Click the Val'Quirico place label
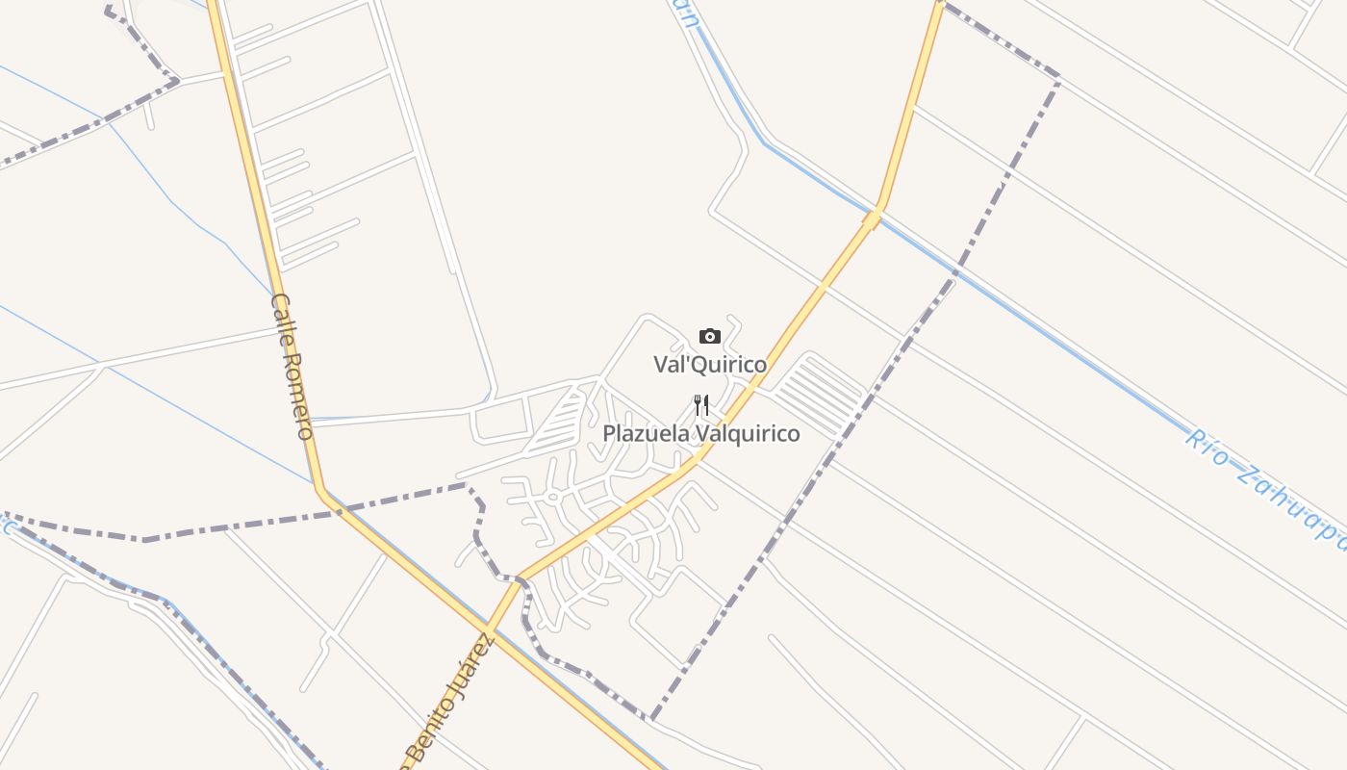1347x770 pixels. (710, 365)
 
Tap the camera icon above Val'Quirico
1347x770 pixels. (710, 336)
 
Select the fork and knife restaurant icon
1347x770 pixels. (701, 405)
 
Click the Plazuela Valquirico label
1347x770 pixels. (701, 434)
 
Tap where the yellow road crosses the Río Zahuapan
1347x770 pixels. (873, 219)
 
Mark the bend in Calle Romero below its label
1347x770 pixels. (320, 490)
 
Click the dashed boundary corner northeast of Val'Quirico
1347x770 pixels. (1058, 77)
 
